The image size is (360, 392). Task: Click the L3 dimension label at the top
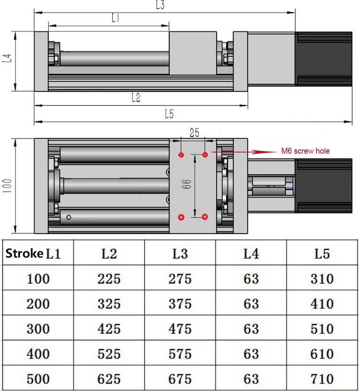160,5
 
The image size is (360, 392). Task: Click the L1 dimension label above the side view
116,18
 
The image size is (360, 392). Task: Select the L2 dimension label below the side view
136,98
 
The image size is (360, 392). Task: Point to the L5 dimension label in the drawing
169,114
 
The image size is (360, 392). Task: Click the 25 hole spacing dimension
194,133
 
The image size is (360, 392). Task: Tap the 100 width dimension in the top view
7,186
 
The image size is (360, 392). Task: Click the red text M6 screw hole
305,151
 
